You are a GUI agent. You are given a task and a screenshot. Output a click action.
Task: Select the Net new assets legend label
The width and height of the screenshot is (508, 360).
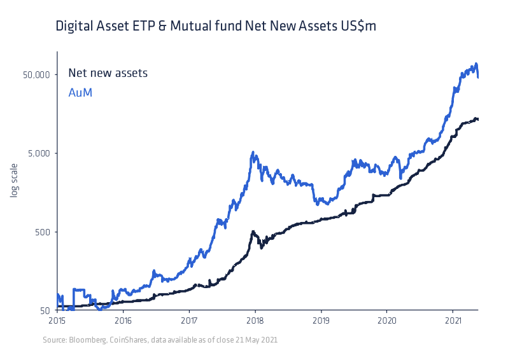108,73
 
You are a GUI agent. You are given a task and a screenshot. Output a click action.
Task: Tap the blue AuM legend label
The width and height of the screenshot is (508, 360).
80,93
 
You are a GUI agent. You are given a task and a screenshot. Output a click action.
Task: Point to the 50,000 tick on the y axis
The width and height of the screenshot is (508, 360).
36,74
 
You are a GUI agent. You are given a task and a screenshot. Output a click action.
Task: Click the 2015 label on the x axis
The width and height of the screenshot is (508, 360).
57,321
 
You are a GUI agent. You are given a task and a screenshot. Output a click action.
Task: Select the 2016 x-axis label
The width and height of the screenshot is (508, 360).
123,321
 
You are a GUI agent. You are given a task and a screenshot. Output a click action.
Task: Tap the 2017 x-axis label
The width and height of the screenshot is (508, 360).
189,321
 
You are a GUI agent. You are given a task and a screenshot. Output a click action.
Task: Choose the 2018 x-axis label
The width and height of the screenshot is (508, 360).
255,321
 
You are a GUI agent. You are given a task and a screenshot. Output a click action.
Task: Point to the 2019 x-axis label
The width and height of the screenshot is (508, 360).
321,321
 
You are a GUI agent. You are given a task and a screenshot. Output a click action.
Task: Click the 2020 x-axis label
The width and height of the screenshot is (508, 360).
387,321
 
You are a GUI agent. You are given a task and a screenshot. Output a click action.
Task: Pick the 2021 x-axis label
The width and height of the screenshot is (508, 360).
453,321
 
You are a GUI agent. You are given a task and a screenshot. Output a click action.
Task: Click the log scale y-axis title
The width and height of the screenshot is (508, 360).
13,180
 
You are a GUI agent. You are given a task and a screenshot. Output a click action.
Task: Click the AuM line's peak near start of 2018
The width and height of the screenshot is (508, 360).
253,153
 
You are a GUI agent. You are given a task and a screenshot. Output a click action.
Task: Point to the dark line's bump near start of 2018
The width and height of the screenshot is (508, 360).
253,232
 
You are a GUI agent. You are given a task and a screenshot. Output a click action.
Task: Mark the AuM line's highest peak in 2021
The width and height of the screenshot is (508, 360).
476,64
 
